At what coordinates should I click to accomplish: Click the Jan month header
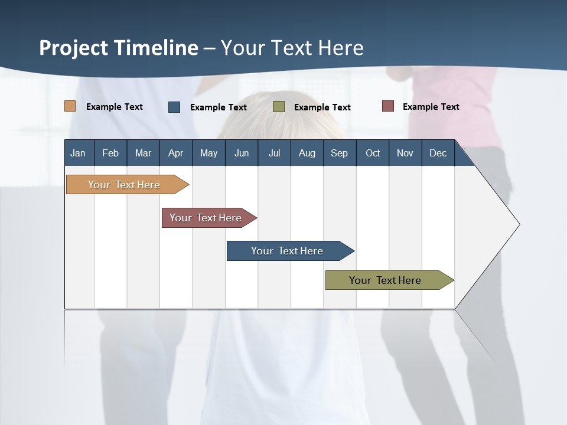click(78, 153)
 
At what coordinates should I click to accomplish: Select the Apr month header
click(175, 153)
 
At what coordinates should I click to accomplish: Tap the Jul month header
click(274, 153)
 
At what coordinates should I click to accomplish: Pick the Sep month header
click(339, 153)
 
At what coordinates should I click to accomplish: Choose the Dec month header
click(438, 153)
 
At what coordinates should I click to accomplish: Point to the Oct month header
click(373, 153)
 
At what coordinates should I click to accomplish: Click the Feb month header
click(110, 153)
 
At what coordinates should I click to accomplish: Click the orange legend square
click(70, 106)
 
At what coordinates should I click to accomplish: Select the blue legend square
click(174, 107)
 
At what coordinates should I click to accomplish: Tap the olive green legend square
click(279, 107)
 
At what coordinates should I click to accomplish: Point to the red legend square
click(388, 106)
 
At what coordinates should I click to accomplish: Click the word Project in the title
click(73, 48)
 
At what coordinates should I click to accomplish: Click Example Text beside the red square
click(431, 107)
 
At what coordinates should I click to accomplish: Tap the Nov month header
click(405, 153)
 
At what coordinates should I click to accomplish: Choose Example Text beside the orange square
click(115, 107)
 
